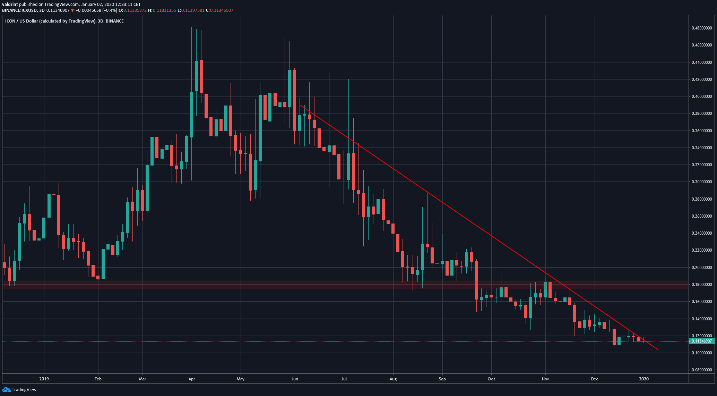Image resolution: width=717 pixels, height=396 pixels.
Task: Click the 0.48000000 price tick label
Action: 702,28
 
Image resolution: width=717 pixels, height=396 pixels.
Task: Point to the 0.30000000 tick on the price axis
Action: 702,182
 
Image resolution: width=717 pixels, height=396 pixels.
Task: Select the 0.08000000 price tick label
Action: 702,370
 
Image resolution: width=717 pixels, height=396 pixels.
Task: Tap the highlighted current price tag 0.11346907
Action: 702,342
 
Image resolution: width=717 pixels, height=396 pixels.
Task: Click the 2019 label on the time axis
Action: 44,379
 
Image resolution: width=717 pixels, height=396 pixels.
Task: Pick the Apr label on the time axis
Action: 191,379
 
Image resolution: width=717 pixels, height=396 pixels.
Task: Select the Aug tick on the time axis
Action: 393,379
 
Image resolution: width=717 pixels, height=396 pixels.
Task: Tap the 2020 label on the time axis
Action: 644,379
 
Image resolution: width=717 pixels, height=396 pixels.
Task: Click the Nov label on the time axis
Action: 545,379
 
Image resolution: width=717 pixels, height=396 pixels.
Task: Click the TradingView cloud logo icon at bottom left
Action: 6,390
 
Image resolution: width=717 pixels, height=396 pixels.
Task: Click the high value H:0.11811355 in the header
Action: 162,10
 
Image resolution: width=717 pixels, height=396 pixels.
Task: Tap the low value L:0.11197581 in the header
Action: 191,10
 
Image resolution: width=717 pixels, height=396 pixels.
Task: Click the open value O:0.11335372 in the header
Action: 132,10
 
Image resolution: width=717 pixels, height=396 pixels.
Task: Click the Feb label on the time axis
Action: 98,379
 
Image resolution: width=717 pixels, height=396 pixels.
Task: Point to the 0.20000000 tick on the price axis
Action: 702,268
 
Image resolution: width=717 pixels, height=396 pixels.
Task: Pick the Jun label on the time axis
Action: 294,379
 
